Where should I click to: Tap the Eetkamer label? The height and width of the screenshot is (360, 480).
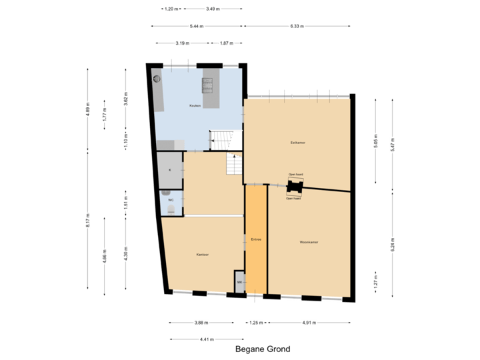[x=297, y=142]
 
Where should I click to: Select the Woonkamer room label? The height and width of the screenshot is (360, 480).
[x=308, y=242]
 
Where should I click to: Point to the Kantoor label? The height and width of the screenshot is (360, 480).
[x=203, y=254]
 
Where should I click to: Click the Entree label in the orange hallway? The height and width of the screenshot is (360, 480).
[x=256, y=239]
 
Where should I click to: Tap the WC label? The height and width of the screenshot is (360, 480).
[x=171, y=200]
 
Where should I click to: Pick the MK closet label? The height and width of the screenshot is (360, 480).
[x=239, y=283]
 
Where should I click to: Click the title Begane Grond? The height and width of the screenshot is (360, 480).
[x=263, y=349]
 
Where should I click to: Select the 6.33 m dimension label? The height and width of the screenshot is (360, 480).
[x=297, y=27]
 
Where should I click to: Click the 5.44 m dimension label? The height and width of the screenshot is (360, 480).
[x=196, y=27]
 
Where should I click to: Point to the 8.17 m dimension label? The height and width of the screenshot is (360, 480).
[x=87, y=221]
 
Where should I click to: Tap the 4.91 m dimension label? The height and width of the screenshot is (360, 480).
[x=308, y=322]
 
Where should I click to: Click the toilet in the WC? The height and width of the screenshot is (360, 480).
[x=171, y=210]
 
